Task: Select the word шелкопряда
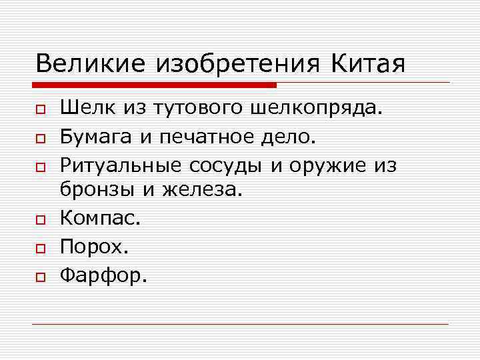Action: (x=317, y=109)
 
